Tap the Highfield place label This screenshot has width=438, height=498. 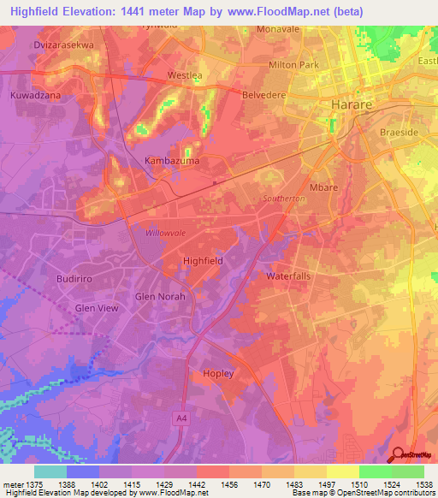coord(204,260)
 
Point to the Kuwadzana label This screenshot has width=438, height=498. coord(35,97)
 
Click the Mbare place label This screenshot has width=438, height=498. coord(323,185)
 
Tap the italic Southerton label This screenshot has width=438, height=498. coord(284,198)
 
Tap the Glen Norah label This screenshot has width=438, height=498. coord(160,297)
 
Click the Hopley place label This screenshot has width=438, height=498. coord(218,373)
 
